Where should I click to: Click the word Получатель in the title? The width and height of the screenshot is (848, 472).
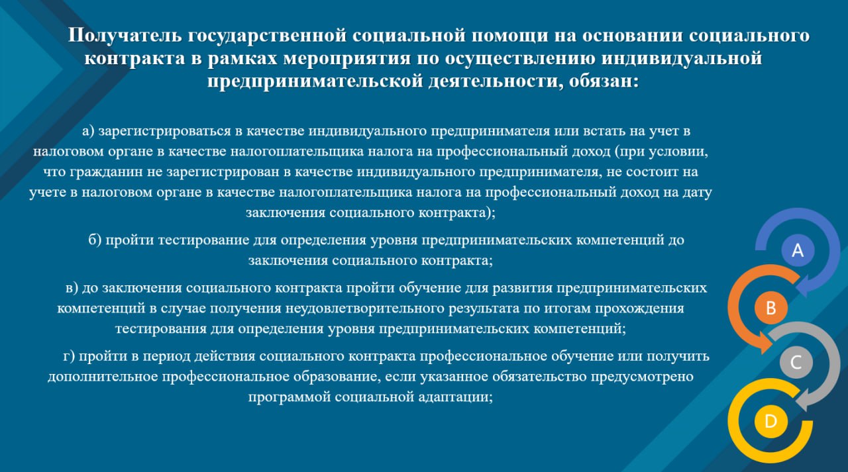[x=125, y=36]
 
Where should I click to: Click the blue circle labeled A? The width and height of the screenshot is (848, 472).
[x=798, y=250]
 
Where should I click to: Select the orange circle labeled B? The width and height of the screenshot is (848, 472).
[x=770, y=307]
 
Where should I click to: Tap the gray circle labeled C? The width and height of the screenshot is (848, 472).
[x=796, y=362]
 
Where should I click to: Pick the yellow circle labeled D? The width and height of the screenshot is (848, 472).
[x=770, y=421]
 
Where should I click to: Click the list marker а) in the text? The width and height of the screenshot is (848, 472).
[x=88, y=131]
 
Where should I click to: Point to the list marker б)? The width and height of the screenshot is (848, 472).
[x=95, y=240]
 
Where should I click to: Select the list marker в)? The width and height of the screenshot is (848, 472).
[x=72, y=288]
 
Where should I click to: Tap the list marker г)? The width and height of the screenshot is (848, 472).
[x=70, y=356]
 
